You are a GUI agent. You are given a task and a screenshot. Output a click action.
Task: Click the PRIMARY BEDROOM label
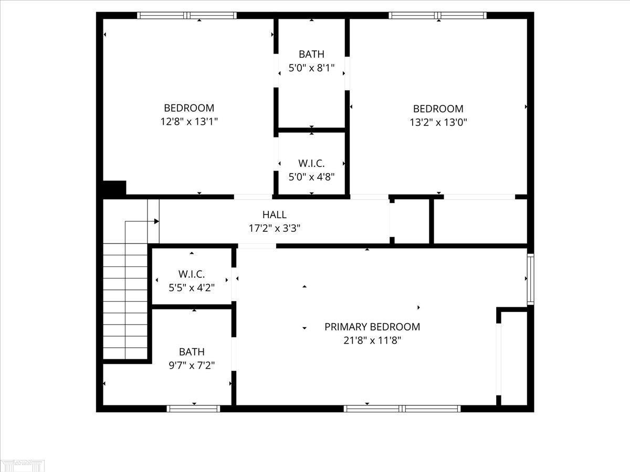tap(372, 327)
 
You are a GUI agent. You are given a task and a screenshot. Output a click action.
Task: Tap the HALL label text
tap(275, 214)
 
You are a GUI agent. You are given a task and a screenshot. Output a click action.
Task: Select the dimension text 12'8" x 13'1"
tap(189, 122)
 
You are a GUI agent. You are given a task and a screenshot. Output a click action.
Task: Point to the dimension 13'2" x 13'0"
tap(438, 123)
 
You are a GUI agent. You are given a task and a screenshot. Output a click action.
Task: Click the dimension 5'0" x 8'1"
tap(311, 68)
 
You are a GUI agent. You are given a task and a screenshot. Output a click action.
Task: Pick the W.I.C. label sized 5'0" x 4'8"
tap(311, 163)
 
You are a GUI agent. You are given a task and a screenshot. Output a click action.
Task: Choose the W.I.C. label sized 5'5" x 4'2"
tap(192, 274)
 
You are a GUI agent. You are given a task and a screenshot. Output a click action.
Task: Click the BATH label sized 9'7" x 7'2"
tap(192, 351)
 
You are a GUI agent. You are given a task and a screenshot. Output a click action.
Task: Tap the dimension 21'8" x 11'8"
tap(372, 340)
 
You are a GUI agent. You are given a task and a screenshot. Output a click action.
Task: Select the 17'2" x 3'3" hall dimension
tap(275, 229)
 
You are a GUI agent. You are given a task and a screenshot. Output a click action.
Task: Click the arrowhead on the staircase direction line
tap(156, 221)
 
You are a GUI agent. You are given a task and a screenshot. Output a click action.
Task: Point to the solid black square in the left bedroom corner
tap(114, 188)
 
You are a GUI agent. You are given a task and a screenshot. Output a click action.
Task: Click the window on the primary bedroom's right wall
tap(531, 279)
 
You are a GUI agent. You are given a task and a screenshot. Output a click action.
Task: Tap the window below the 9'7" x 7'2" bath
tap(193, 409)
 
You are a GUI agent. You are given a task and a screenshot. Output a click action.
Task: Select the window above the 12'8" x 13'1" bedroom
tap(187, 16)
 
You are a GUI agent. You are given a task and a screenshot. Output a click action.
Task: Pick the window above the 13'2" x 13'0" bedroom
tap(438, 16)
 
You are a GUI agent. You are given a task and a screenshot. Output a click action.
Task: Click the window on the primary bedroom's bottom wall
tap(402, 409)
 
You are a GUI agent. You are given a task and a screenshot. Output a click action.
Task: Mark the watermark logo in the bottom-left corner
tap(23, 465)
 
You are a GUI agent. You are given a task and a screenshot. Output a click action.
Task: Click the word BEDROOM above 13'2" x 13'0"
tap(438, 109)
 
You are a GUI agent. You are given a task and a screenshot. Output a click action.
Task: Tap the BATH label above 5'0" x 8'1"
tap(311, 54)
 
